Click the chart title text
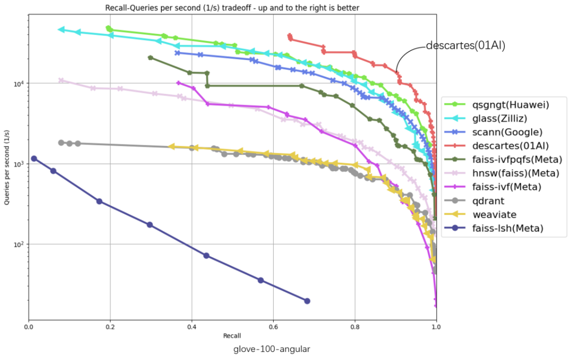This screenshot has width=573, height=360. tap(232, 7)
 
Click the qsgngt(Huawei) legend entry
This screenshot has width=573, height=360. tap(510, 105)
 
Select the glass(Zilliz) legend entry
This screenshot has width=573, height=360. tap(502, 118)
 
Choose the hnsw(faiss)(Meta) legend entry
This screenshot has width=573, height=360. tap(515, 173)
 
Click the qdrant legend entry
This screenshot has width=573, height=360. tap(489, 201)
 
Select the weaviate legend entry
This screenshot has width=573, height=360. tap(494, 215)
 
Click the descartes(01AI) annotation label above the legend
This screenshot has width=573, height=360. tap(465, 46)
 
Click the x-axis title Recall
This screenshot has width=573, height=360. tap(232, 336)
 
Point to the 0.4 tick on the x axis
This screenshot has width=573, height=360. tap(192, 328)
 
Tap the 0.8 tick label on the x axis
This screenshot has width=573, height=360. tap(354, 328)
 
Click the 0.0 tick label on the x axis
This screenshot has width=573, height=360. tap(29, 328)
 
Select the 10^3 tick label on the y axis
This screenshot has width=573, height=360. tap(19, 164)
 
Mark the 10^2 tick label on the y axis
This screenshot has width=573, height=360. tap(19, 244)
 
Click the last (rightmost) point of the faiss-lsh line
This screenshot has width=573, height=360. tap(307, 301)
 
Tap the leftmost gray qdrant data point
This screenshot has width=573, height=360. tap(61, 143)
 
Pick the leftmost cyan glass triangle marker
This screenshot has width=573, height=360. tap(61, 30)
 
